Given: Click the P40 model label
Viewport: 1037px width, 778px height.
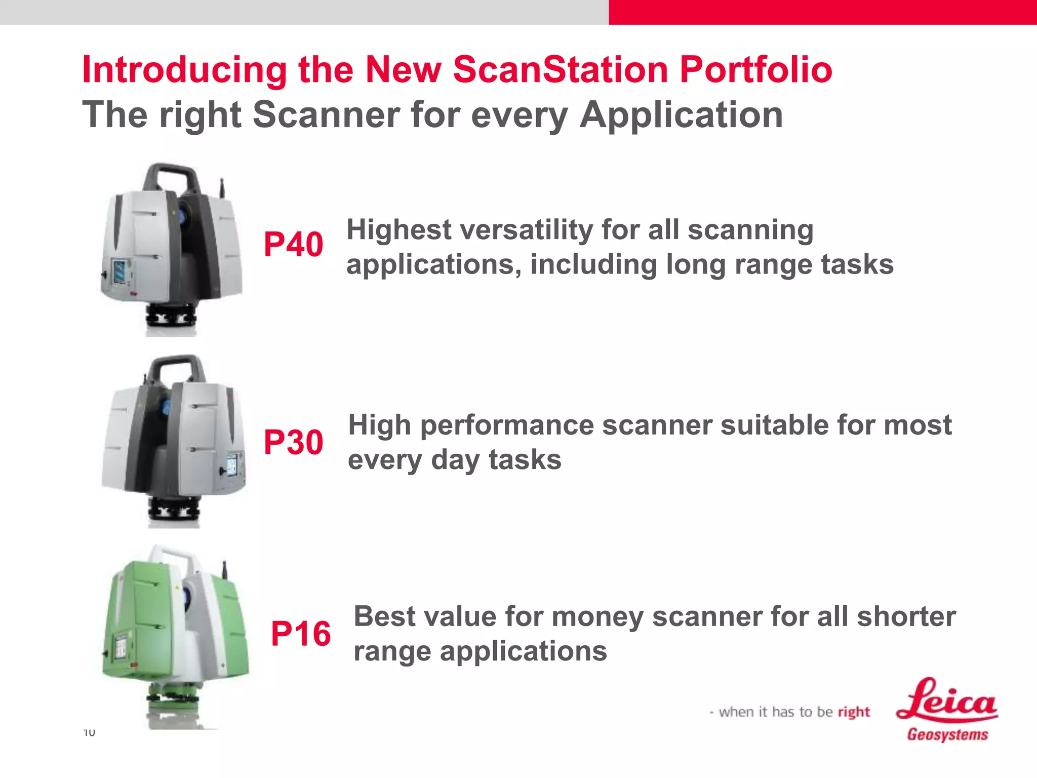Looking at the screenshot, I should click(293, 245).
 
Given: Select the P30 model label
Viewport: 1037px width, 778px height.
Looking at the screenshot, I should click(293, 442).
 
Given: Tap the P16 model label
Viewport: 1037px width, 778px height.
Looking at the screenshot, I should click(301, 634).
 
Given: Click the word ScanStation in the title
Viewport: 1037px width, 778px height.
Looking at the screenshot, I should click(560, 69).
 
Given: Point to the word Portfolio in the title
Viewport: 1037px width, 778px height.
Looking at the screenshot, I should click(755, 69).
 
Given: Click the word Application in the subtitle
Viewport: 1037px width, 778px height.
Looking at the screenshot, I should click(681, 115).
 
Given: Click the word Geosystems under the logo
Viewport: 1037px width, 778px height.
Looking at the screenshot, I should click(947, 734).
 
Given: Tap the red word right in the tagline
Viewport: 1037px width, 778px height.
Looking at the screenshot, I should click(854, 712).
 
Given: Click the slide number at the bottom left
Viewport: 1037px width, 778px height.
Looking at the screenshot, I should click(89, 732).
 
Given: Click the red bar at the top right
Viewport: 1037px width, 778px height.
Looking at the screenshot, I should click(822, 12).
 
